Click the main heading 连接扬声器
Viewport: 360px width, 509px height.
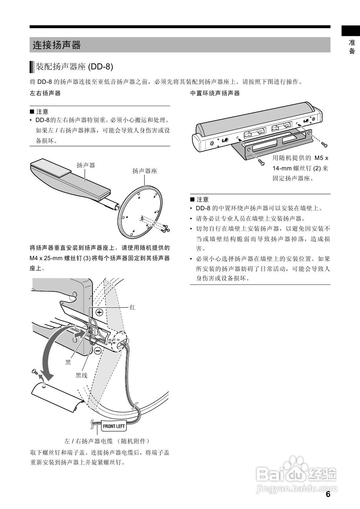click(x=57, y=45)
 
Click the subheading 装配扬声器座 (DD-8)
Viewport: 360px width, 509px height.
click(x=74, y=67)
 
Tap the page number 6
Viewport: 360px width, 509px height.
click(x=328, y=494)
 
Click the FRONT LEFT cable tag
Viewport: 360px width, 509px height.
click(x=114, y=426)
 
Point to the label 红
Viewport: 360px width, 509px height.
click(x=132, y=307)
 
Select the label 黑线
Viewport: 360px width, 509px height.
click(x=81, y=376)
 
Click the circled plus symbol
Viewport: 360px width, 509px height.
click(x=100, y=313)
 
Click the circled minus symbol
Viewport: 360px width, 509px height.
click(x=98, y=351)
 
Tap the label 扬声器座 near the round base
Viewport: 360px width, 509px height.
click(x=144, y=171)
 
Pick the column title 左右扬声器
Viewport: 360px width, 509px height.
click(x=45, y=93)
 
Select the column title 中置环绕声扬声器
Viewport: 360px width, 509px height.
click(x=215, y=93)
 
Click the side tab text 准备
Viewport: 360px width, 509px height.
click(x=352, y=47)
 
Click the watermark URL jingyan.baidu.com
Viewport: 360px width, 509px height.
click(x=296, y=489)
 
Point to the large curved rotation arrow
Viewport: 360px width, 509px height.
click(x=47, y=352)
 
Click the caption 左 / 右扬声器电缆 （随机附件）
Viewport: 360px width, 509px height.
click(x=107, y=441)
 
